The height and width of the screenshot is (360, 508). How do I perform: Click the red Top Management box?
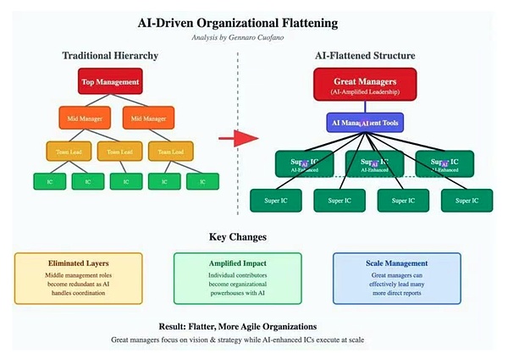[x=109, y=82]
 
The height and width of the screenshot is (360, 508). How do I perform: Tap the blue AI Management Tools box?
[x=365, y=122]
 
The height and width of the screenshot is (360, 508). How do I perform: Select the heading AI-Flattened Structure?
[x=364, y=55]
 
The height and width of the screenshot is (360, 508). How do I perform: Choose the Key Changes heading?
[x=250, y=236]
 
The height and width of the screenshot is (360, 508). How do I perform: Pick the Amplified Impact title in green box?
[x=237, y=263]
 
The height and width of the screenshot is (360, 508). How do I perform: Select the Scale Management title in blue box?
[x=396, y=263]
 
